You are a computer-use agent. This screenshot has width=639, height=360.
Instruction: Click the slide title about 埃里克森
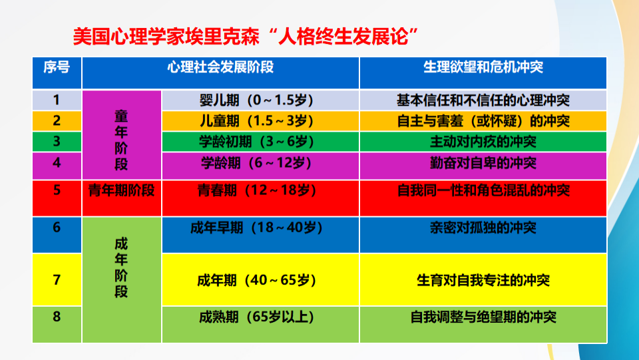[x=246, y=37]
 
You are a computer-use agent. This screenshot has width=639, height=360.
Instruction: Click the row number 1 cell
[x=57, y=100]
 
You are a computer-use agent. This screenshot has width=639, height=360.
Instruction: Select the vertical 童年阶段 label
[x=121, y=140]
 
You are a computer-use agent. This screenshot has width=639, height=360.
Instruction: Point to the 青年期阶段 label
[x=121, y=190]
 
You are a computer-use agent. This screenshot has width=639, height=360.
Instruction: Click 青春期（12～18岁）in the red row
[x=257, y=190]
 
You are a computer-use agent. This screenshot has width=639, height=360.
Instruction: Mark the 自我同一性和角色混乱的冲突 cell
[x=483, y=190]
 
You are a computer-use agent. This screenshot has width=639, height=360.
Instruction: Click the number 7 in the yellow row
[x=57, y=279]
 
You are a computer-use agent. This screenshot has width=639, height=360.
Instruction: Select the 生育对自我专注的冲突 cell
[x=483, y=280]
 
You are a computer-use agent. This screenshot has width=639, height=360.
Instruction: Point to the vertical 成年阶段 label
[x=121, y=268]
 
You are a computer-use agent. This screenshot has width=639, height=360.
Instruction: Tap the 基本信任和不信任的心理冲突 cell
[x=483, y=100]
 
